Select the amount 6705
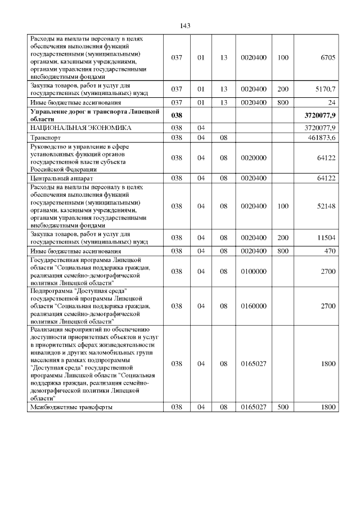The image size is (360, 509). tap(328, 58)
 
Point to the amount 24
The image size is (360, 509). tap(332, 102)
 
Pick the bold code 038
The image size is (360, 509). tap(177, 115)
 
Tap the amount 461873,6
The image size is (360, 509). tap(319, 137)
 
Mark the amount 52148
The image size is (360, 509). tap(326, 206)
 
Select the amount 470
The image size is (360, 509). tap(329, 251)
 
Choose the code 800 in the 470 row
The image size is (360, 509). tap(283, 251)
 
